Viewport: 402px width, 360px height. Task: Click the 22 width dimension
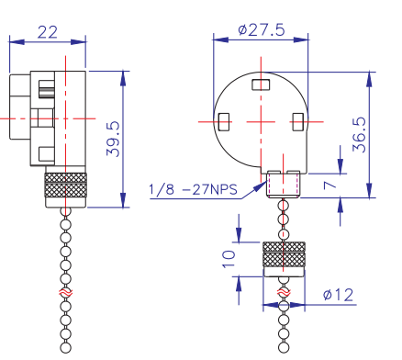tap(48, 32)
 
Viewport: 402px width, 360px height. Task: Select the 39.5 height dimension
tap(113, 140)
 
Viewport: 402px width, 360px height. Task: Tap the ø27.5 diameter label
tap(262, 30)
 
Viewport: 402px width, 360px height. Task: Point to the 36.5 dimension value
tap(359, 135)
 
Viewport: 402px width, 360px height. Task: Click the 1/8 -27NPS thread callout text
tap(193, 190)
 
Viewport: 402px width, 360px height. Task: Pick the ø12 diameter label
tap(338, 295)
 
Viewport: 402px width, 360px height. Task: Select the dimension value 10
tap(229, 259)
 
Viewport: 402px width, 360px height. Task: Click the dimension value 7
tap(329, 186)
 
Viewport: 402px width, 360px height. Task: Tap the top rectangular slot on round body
tap(261, 84)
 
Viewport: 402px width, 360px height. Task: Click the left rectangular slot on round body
tap(224, 122)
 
